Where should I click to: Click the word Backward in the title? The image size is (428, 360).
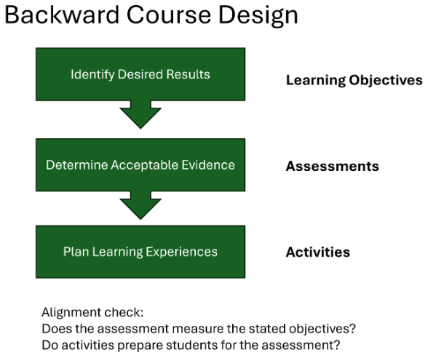[x=62, y=15]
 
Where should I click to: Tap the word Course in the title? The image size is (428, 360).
[x=169, y=15]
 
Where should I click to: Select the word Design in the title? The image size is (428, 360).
[x=258, y=16]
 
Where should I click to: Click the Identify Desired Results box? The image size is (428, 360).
[x=140, y=74]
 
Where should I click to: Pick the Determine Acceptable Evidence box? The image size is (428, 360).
[x=140, y=165]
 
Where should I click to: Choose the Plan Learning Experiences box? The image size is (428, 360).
[x=140, y=252]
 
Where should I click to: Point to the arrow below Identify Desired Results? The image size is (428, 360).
[x=140, y=115]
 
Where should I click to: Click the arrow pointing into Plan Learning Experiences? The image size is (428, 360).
[x=140, y=205]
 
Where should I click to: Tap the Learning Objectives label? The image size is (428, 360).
[x=354, y=81]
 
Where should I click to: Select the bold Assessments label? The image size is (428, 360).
[x=332, y=166]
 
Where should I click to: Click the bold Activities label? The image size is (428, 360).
[x=317, y=252]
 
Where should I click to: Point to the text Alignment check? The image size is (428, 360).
[x=92, y=313]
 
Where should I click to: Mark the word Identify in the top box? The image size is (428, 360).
[x=92, y=75]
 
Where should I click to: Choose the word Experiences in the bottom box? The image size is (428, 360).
[x=181, y=252]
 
